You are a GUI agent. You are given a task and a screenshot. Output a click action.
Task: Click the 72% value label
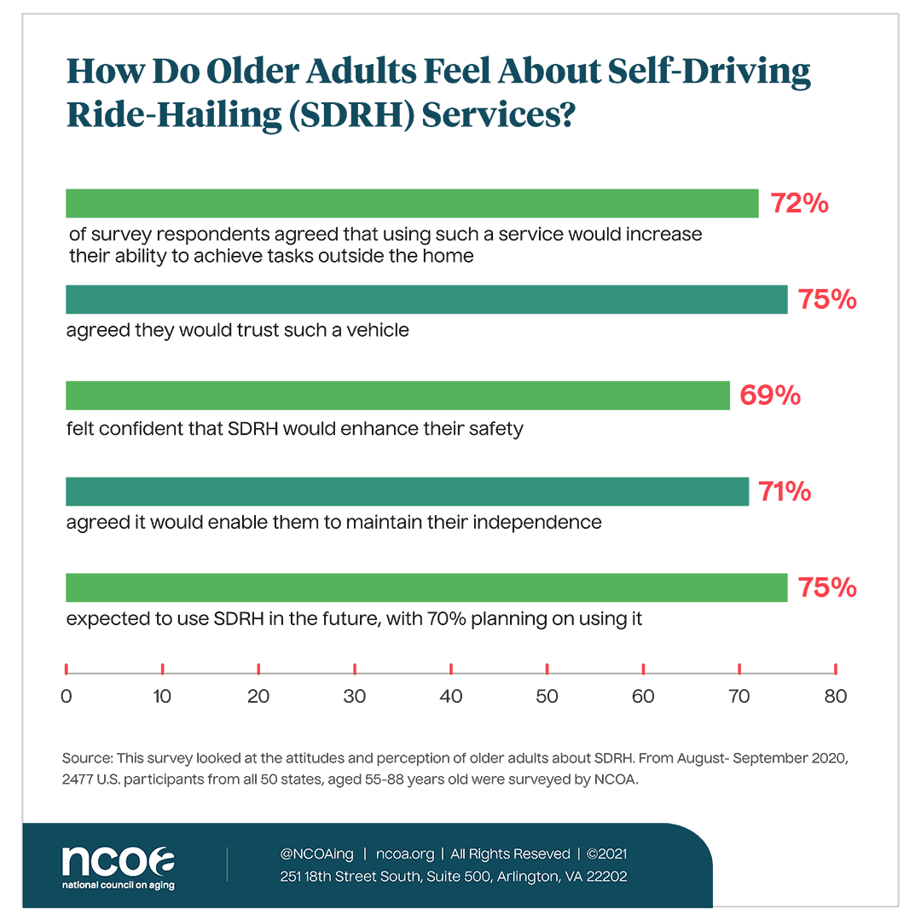[800, 204]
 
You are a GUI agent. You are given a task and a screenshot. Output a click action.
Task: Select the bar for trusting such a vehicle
[426, 300]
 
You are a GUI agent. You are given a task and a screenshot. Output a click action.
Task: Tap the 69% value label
[769, 396]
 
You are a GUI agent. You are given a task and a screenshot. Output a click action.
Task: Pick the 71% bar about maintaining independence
[407, 492]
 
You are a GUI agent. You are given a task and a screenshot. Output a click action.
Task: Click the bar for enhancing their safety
[397, 396]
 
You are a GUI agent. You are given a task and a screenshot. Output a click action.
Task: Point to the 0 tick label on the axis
[66, 696]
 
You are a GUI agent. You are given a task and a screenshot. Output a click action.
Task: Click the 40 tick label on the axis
[450, 696]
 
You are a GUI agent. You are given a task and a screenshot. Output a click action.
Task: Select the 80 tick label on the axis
[835, 696]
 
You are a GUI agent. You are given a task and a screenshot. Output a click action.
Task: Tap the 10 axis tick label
[162, 696]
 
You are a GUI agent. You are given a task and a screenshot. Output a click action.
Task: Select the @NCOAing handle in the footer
[316, 854]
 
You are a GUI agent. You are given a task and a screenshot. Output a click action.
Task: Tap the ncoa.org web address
[405, 854]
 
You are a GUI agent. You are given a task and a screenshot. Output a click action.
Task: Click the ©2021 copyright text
[607, 854]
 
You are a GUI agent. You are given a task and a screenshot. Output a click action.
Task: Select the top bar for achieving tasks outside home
[412, 204]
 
